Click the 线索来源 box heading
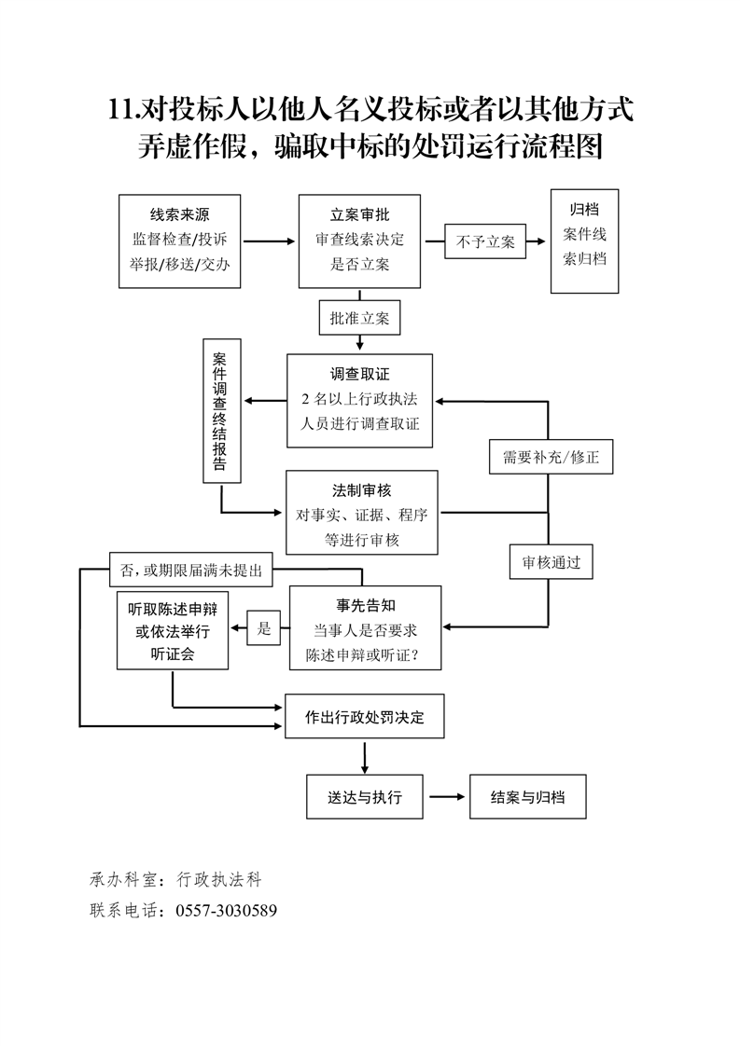point(179,213)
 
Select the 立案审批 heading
point(359,214)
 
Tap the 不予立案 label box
point(485,241)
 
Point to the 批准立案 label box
point(359,318)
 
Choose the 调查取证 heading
point(359,373)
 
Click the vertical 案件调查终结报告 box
point(221,411)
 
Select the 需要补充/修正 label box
point(551,458)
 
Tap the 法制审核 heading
point(359,489)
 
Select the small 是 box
point(263,629)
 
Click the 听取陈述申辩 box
point(173,630)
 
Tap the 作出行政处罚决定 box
point(365,718)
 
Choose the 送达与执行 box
point(365,797)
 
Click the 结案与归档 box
point(527,797)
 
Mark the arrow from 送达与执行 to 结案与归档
point(447,797)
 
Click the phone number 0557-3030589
point(226,910)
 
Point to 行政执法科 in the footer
point(216,878)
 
